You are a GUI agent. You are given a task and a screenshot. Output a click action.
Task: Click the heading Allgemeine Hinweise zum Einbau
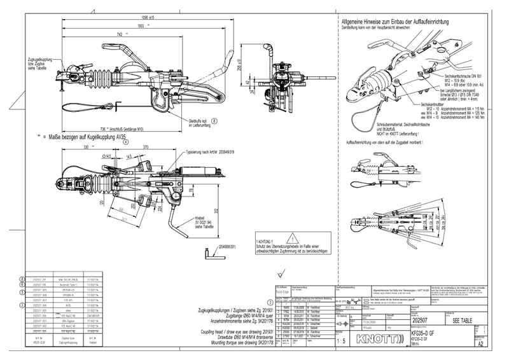click(x=399, y=22)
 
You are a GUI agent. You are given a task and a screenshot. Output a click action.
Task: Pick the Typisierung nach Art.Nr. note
click(x=209, y=153)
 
